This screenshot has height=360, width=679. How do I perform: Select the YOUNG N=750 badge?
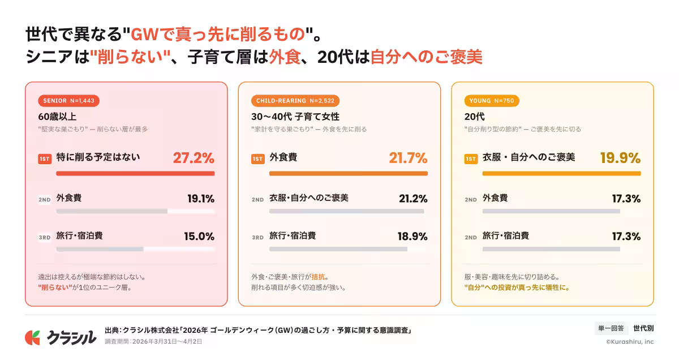click(x=491, y=101)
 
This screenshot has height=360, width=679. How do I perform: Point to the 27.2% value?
click(x=194, y=158)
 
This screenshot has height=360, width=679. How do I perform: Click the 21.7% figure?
click(x=407, y=158)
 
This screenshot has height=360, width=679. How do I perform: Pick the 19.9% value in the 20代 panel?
click(x=620, y=158)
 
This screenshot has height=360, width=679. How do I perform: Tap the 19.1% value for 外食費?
click(x=201, y=199)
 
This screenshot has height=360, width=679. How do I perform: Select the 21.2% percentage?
click(x=413, y=199)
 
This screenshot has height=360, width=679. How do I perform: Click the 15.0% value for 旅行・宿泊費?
click(x=199, y=237)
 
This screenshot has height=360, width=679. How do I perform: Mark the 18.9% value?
click(x=412, y=237)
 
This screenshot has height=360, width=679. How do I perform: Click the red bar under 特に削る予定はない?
click(x=135, y=173)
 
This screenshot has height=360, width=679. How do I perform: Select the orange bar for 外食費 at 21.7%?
click(x=348, y=173)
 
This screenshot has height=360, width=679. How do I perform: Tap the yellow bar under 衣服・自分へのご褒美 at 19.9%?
click(x=561, y=173)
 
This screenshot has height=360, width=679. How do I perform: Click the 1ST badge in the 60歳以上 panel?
click(x=45, y=159)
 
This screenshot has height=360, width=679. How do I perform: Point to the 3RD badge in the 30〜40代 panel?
click(x=257, y=237)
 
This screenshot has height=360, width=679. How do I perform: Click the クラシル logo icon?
click(x=32, y=337)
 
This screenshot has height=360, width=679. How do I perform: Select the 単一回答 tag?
click(x=611, y=328)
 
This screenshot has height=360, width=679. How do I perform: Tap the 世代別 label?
click(x=643, y=328)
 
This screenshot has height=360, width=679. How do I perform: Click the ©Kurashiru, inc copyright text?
click(x=629, y=341)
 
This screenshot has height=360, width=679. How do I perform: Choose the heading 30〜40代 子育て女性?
click(x=295, y=117)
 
